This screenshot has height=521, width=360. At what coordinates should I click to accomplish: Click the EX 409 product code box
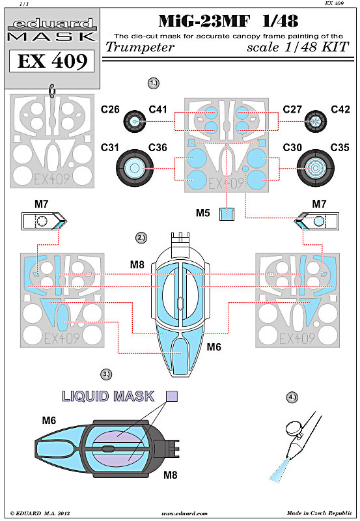(x=52, y=61)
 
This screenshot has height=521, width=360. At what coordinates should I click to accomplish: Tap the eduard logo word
(x=52, y=24)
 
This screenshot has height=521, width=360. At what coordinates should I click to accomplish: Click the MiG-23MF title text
(x=204, y=21)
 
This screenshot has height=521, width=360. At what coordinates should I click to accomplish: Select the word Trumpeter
(x=140, y=47)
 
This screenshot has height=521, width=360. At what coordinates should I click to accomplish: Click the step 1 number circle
(x=153, y=83)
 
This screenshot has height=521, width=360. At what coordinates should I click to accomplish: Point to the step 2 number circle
(x=141, y=238)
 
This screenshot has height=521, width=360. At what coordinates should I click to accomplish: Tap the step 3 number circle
(x=106, y=374)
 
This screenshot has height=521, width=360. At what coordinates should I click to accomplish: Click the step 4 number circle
(x=292, y=397)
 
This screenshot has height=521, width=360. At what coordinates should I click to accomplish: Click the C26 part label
(x=110, y=109)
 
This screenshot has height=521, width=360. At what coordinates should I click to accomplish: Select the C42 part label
(x=340, y=109)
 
